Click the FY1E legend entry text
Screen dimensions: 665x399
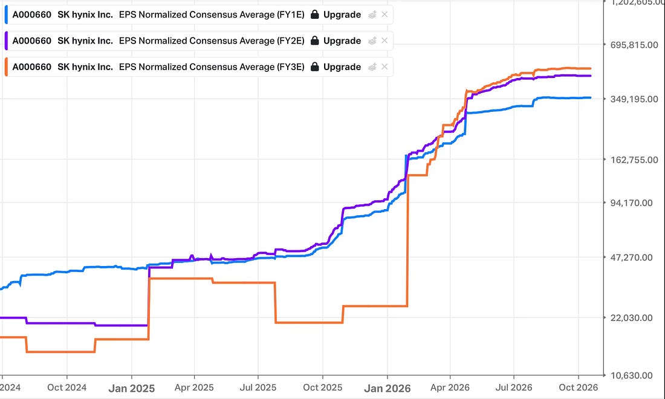(158, 15)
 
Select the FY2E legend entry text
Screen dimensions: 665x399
(158, 41)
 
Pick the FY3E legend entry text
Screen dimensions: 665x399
(158, 67)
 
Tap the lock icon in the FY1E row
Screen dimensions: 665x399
(315, 15)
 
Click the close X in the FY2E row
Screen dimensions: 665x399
(384, 41)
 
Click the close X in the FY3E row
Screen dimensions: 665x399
(384, 66)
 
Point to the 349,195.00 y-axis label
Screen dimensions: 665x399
(634, 99)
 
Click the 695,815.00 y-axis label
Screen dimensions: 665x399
(634, 45)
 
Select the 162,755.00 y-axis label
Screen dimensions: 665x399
(634, 160)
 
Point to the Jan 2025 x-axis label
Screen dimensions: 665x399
(131, 388)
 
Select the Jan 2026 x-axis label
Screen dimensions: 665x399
(387, 388)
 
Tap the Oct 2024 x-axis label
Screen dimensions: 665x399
(66, 388)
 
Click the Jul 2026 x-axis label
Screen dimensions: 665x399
(514, 388)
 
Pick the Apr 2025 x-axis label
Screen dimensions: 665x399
(194, 388)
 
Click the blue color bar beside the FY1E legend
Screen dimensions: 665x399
(6, 15)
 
